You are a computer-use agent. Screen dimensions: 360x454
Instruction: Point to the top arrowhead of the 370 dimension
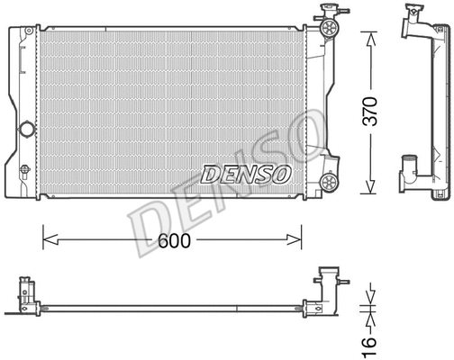pos(369,36)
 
